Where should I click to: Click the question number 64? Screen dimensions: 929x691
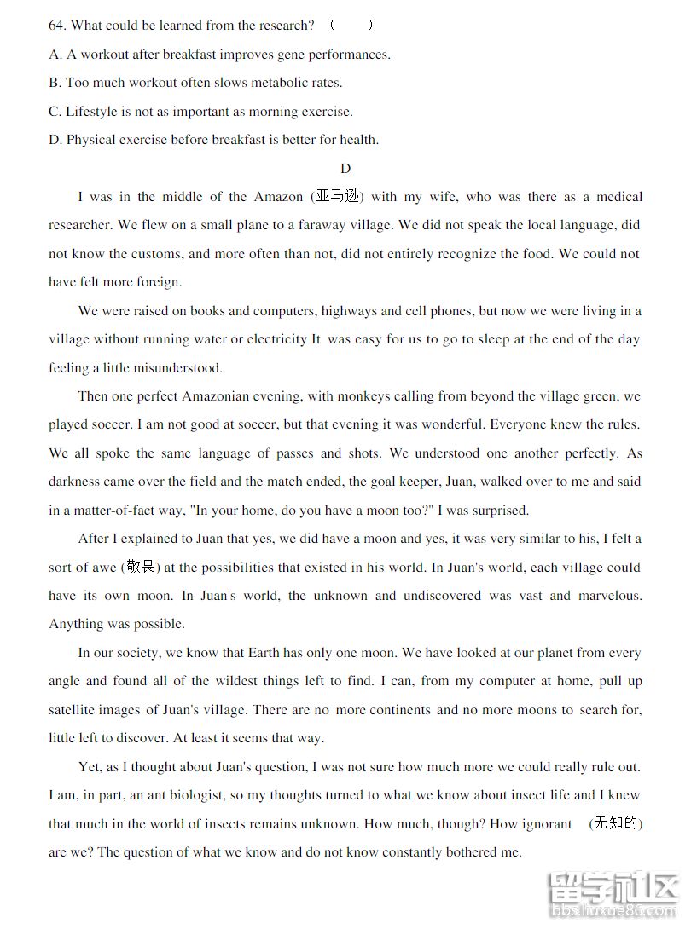point(56,26)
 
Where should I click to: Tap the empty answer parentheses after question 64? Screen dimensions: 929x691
point(351,26)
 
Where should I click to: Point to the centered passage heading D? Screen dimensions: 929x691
point(345,169)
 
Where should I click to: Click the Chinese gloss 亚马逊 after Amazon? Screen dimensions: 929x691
point(339,197)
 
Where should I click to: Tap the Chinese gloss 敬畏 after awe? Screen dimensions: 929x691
point(143,567)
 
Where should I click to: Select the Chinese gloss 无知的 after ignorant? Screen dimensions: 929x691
point(616,823)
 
